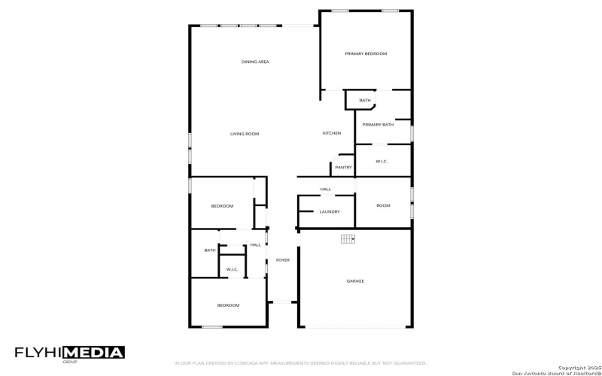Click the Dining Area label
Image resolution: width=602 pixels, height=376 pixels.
(255, 62)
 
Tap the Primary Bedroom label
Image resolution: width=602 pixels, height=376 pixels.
(366, 54)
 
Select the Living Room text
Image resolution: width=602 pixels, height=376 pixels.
(245, 134)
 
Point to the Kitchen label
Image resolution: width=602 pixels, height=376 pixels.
(332, 133)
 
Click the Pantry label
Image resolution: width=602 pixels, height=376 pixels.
(343, 167)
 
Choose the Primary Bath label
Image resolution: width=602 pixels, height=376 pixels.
(378, 125)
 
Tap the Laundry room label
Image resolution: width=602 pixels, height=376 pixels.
(330, 212)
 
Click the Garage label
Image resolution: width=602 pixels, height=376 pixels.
(355, 281)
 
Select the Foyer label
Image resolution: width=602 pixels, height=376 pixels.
(282, 260)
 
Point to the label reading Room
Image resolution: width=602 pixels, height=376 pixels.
(383, 205)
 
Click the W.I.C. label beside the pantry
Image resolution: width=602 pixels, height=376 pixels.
(382, 161)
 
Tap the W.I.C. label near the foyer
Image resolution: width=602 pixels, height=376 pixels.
(232, 269)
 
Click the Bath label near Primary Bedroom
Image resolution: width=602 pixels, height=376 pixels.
(365, 101)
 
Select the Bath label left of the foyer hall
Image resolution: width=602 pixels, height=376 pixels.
(210, 250)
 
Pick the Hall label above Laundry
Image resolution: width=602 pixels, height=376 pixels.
(326, 189)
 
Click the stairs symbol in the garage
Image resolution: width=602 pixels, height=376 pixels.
(347, 239)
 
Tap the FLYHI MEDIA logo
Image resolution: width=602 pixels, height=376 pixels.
(70, 353)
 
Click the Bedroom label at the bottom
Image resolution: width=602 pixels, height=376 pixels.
(228, 305)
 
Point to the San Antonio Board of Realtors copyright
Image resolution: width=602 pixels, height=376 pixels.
(555, 371)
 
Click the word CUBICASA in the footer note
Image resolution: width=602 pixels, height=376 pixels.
(253, 362)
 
